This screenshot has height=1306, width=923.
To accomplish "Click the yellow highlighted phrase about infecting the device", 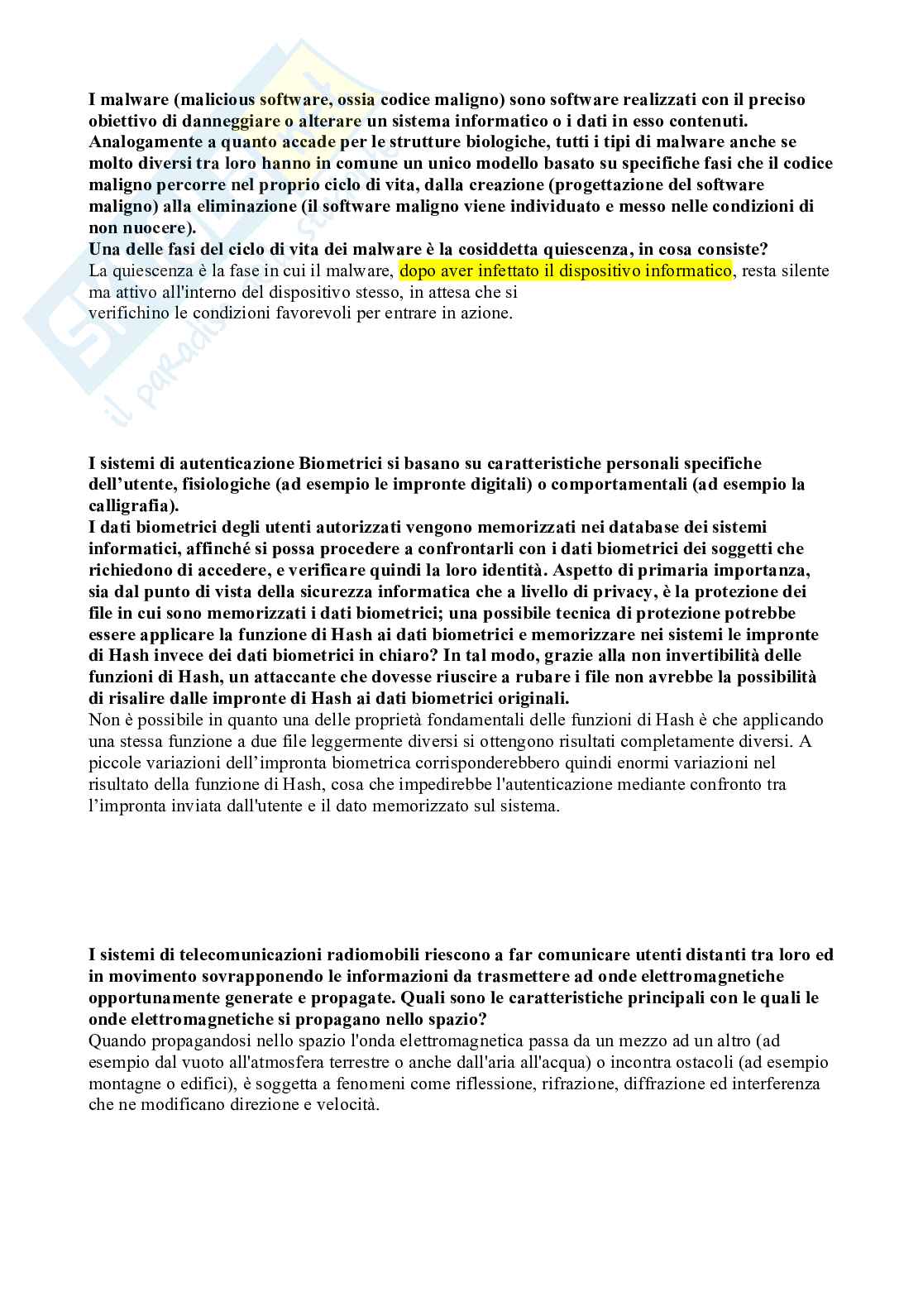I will [565, 271].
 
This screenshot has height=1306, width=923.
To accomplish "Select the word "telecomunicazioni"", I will [227, 955].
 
